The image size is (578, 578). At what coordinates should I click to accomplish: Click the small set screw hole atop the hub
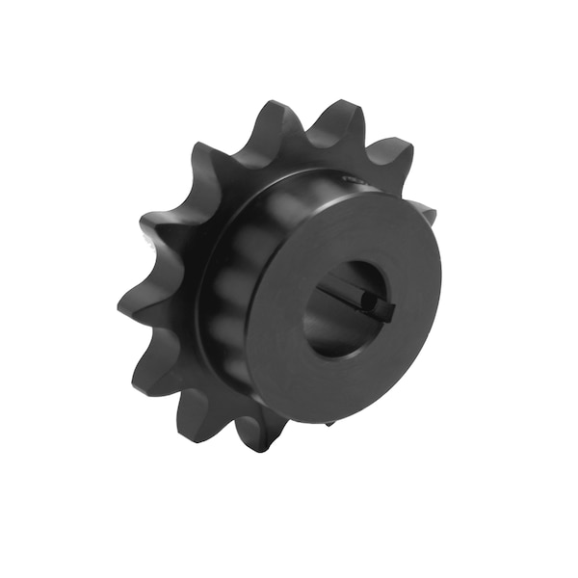click(x=349, y=179)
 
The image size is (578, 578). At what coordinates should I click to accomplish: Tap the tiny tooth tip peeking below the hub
click(x=329, y=421)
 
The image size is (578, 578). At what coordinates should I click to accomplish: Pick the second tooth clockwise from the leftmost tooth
click(x=207, y=159)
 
